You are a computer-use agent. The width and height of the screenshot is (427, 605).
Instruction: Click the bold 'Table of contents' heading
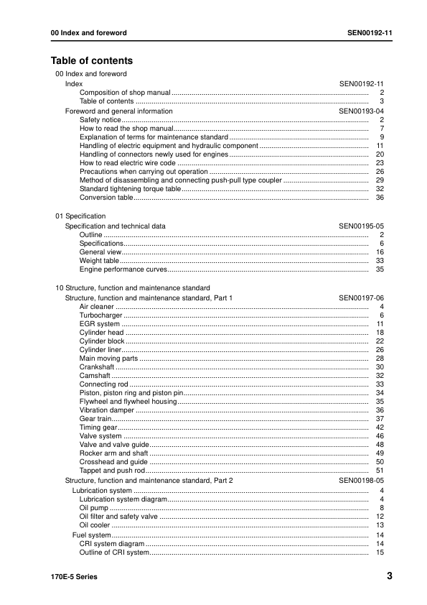[91, 61]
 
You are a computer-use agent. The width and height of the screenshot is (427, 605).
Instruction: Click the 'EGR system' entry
[99, 324]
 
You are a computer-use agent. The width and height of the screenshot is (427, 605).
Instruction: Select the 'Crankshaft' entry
[98, 367]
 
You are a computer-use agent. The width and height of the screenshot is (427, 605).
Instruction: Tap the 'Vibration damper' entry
[107, 410]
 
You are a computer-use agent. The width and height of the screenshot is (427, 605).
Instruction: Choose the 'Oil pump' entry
[93, 507]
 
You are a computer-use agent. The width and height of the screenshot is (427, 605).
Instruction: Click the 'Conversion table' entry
[105, 198]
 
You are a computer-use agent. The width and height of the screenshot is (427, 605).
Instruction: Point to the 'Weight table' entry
[99, 261]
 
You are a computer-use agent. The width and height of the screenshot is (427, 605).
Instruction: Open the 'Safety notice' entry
[100, 120]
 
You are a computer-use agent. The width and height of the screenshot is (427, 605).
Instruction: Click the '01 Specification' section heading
[80, 216]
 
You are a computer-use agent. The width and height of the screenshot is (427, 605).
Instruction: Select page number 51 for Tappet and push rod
[380, 470]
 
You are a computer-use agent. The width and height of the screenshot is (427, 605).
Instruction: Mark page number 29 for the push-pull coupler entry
[380, 180]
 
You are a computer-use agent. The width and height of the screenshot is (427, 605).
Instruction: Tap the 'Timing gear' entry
[98, 427]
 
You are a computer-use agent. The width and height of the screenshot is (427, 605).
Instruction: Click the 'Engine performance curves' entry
[123, 269]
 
